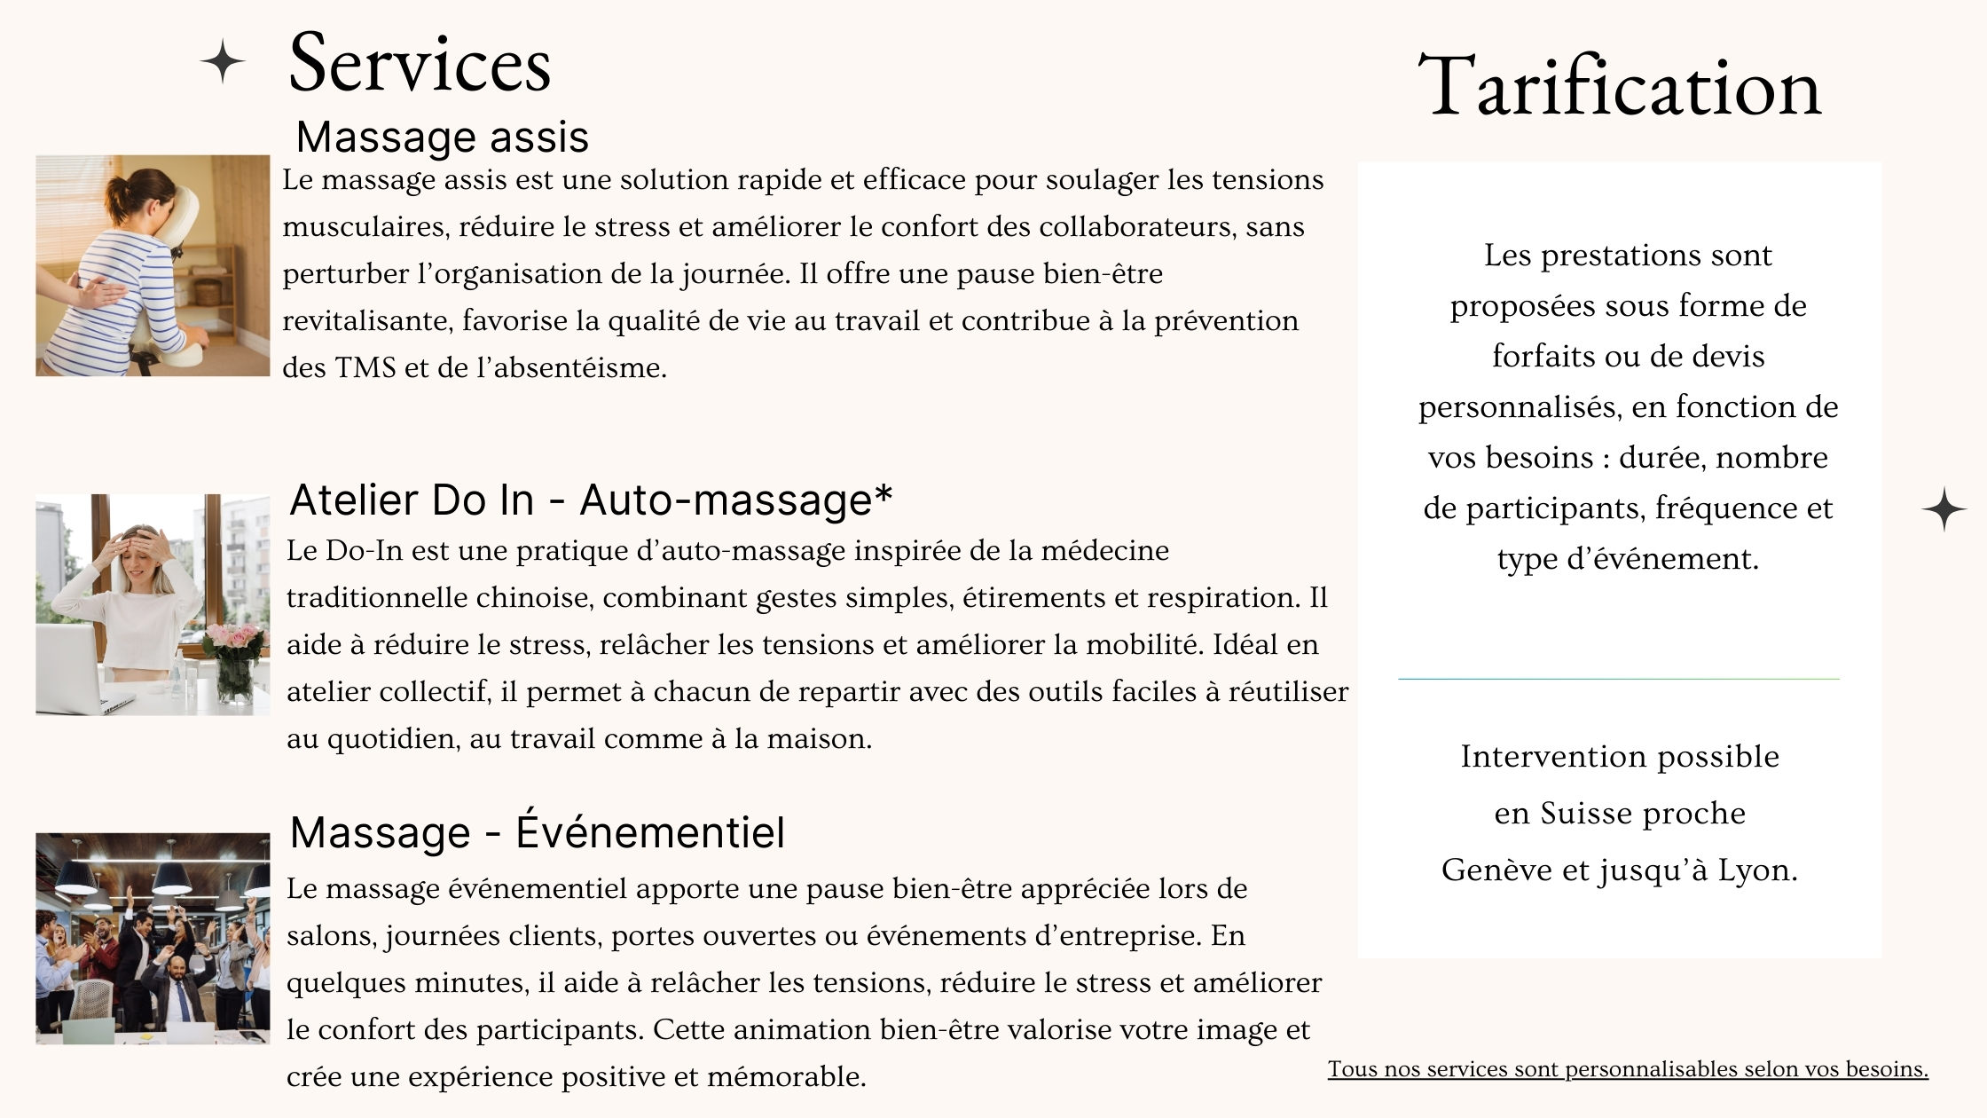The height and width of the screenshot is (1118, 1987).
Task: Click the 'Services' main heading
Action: (x=420, y=64)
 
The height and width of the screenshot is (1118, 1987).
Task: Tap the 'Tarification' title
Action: (x=1619, y=87)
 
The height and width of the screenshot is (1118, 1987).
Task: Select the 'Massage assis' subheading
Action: (x=442, y=137)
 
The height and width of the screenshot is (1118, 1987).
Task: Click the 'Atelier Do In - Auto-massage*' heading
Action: (x=590, y=500)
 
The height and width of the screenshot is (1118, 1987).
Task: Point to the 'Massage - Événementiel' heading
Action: (x=537, y=832)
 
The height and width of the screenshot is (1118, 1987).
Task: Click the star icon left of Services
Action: (x=222, y=62)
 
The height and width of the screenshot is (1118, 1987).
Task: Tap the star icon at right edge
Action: (x=1944, y=508)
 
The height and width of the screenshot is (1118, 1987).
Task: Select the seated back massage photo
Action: (x=153, y=265)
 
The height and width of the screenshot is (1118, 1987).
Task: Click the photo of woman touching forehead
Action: (x=153, y=604)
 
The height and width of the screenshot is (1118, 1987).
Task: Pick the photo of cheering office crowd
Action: (x=153, y=938)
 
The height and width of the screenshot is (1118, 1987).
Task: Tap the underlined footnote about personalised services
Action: (x=1628, y=1069)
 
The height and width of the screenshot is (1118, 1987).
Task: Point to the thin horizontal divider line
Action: (x=1619, y=679)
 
